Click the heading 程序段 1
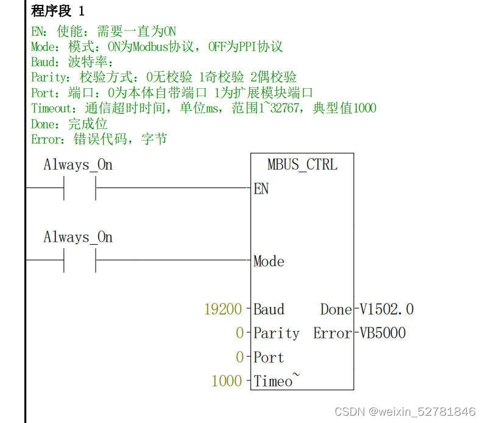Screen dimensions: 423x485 click(x=58, y=11)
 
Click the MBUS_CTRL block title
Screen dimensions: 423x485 click(x=302, y=164)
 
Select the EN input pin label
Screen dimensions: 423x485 click(x=261, y=189)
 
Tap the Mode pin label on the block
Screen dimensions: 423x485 click(x=269, y=261)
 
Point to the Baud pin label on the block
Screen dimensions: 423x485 click(x=269, y=309)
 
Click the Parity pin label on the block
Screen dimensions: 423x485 click(x=276, y=333)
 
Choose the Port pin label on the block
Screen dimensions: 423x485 click(x=269, y=357)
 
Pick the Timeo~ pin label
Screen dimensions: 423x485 click(x=276, y=381)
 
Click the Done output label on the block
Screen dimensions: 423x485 click(x=336, y=309)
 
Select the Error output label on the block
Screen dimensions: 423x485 click(x=333, y=333)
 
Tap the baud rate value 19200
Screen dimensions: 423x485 click(x=223, y=309)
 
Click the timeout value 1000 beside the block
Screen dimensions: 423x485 click(x=227, y=381)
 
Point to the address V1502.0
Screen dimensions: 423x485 click(x=386, y=309)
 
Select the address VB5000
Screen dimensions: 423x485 click(x=383, y=333)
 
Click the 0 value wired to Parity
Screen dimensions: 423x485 click(x=239, y=333)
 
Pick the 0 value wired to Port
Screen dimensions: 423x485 click(x=239, y=357)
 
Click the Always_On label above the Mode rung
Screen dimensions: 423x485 click(x=78, y=237)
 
